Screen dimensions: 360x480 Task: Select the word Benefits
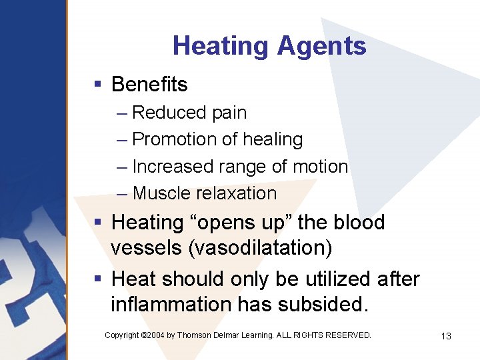point(149,85)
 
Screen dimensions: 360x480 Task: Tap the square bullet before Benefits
point(97,85)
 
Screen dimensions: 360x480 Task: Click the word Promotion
point(175,140)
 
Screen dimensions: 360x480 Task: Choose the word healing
point(272,140)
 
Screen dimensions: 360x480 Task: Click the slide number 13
point(446,336)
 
